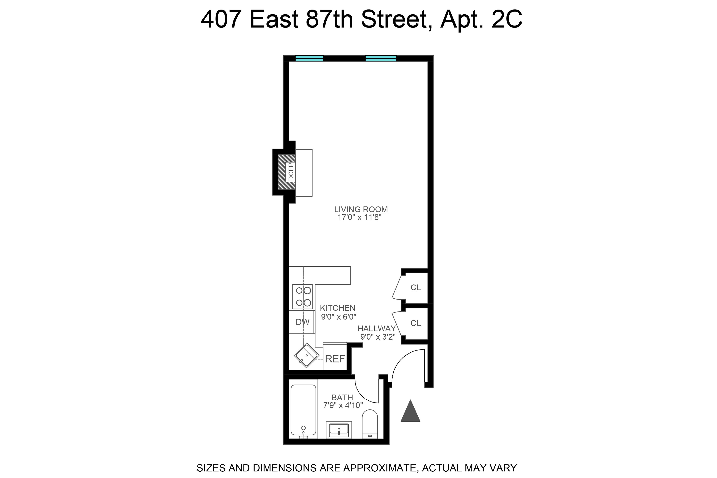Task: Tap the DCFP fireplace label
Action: [291, 172]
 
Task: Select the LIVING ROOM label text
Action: [361, 210]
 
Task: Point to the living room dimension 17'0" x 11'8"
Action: [360, 217]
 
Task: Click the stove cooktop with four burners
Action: [302, 297]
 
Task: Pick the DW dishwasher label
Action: [302, 322]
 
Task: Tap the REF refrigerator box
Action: [335, 359]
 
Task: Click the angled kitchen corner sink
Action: [306, 356]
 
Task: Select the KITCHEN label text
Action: [337, 308]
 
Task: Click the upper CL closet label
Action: [415, 287]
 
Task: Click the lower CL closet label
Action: [415, 323]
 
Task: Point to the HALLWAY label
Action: [376, 329]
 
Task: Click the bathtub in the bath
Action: [303, 410]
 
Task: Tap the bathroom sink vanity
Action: [339, 430]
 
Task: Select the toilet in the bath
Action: [370, 424]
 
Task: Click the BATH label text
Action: [342, 398]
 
